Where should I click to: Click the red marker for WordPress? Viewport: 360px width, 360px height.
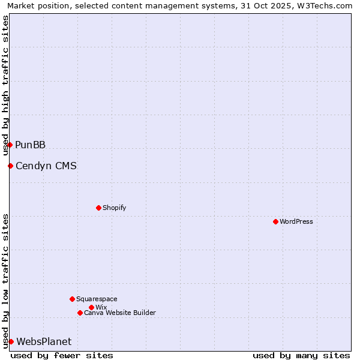click(275, 221)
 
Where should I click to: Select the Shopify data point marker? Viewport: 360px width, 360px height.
click(98, 208)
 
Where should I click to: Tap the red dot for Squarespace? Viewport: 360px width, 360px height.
click(72, 299)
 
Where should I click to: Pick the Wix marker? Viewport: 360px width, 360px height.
click(91, 307)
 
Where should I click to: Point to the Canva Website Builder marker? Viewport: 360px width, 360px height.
click(80, 313)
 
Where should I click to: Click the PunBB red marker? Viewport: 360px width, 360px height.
click(10, 145)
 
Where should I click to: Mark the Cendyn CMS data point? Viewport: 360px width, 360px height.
click(10, 166)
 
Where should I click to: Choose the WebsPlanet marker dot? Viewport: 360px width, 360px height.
click(11, 341)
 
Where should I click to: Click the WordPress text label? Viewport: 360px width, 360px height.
click(296, 221)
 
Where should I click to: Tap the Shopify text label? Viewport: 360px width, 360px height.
click(115, 208)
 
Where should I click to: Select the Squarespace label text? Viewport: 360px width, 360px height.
click(97, 299)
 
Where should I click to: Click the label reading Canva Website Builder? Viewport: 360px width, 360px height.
click(120, 313)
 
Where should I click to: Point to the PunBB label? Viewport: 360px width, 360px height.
click(31, 145)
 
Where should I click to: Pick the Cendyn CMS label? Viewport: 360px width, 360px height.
click(46, 166)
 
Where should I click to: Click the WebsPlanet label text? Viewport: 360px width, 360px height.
click(44, 341)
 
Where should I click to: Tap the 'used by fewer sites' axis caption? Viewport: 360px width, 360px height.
click(62, 355)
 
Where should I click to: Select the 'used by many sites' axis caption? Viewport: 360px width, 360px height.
click(301, 355)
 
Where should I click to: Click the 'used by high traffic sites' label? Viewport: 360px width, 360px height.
click(5, 85)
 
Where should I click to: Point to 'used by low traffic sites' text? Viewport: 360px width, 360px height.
click(5, 281)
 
